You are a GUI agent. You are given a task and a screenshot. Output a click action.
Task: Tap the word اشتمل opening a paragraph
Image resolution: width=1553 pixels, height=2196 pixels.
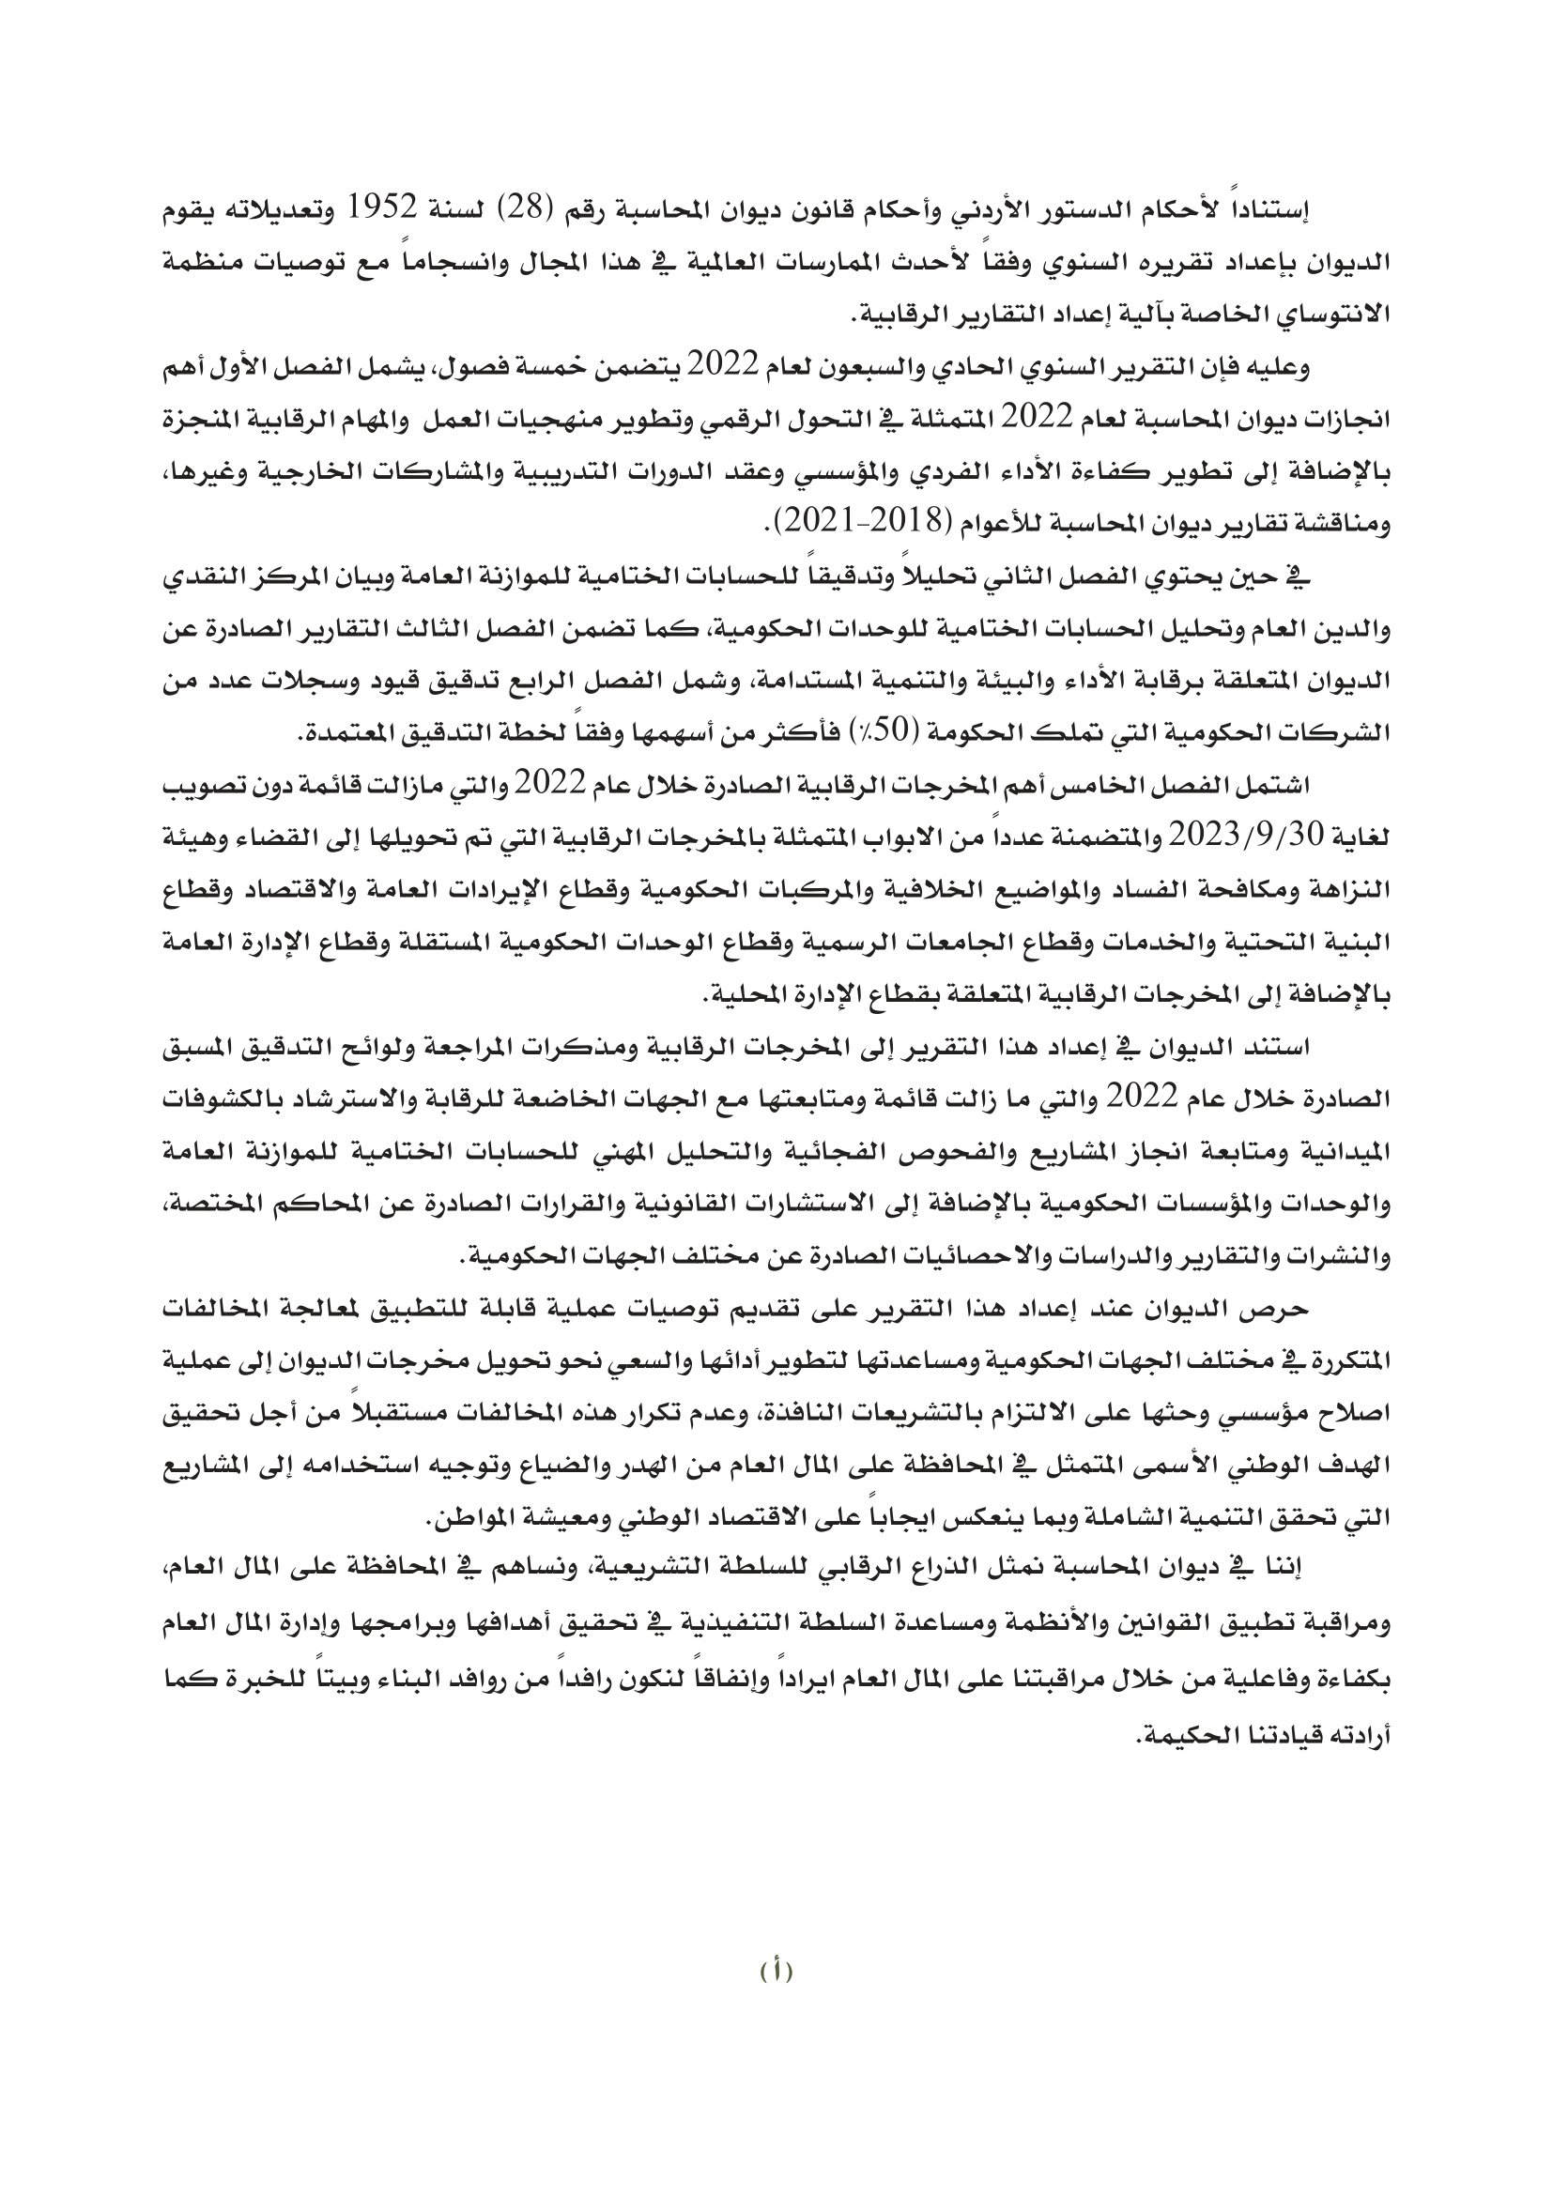(1278, 786)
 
